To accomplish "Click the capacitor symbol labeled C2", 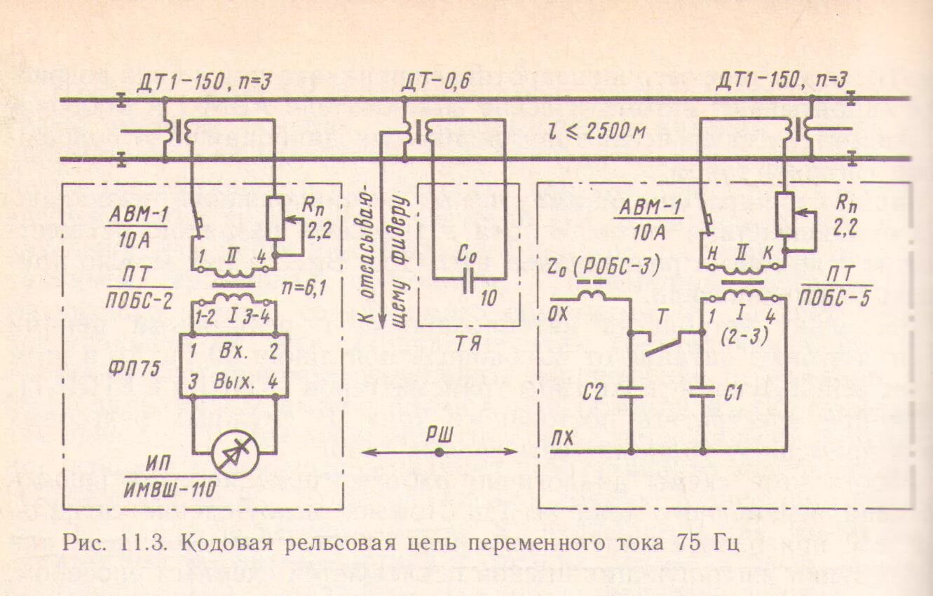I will click(x=631, y=391).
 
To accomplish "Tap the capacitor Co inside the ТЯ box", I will click(x=468, y=278).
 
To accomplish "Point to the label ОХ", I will click(x=559, y=312).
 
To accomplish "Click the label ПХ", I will click(x=561, y=439).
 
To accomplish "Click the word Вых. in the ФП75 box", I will click(x=235, y=382).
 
